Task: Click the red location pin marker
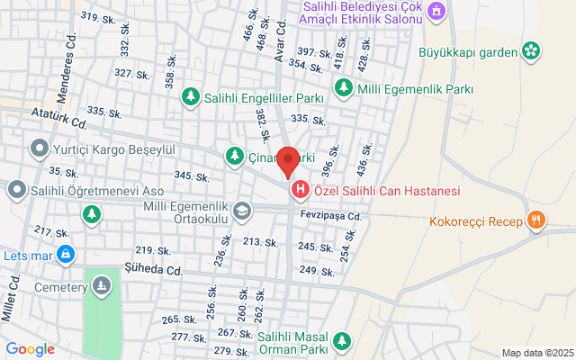click(287, 161)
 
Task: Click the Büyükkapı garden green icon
click(531, 50)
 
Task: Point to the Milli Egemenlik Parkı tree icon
click(344, 87)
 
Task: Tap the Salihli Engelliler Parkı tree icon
click(191, 95)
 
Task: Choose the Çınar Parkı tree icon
click(234, 156)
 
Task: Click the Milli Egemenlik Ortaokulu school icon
click(241, 211)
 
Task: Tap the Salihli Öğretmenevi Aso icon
click(16, 190)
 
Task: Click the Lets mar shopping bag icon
click(65, 256)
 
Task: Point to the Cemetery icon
click(102, 287)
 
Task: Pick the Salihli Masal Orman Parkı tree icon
click(341, 340)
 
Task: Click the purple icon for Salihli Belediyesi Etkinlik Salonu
click(436, 11)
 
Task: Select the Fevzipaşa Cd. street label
click(330, 216)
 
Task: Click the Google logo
click(30, 349)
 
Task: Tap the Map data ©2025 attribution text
click(536, 352)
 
